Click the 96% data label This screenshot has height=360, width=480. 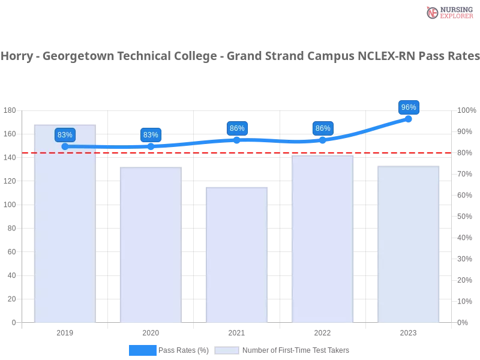point(409,107)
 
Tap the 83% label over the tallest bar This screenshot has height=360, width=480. point(65,135)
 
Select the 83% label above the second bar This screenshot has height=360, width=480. point(151,135)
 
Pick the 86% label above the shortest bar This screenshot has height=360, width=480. point(237,128)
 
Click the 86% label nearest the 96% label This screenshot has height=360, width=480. point(323,128)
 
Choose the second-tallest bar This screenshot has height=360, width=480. point(322,239)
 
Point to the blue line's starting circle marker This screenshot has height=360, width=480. point(65,146)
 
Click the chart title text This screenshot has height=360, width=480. point(240,57)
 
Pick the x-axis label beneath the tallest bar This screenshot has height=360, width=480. point(65,332)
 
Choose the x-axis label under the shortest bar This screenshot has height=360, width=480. point(236,332)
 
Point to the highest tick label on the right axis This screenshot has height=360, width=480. point(465,110)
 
